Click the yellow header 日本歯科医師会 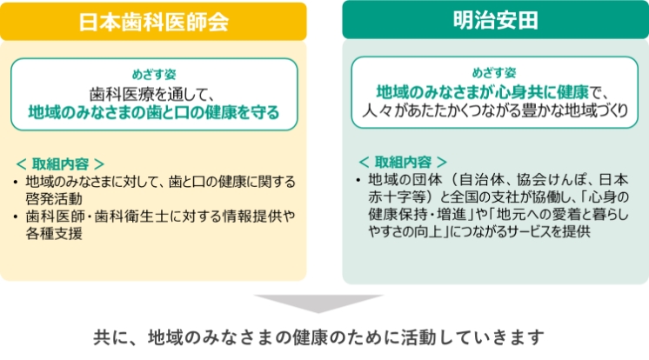[x=153, y=22]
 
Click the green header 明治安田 [x=495, y=20]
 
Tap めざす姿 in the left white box [x=154, y=75]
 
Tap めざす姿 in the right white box [x=494, y=73]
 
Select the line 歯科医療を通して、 [x=152, y=94]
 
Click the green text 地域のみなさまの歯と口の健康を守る [x=154, y=112]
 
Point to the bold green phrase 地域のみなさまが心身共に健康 [x=482, y=92]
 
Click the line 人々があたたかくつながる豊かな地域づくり [x=495, y=110]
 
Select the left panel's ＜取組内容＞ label [x=60, y=163]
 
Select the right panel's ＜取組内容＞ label [x=403, y=162]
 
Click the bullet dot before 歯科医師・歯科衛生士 [x=16, y=217]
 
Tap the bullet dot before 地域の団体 [x=358, y=180]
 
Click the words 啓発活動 [x=54, y=198]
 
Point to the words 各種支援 [x=54, y=233]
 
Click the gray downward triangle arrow [x=318, y=303]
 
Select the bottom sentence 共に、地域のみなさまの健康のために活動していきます [x=318, y=337]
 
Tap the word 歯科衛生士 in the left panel [x=130, y=216]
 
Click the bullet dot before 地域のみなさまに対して [x=16, y=182]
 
